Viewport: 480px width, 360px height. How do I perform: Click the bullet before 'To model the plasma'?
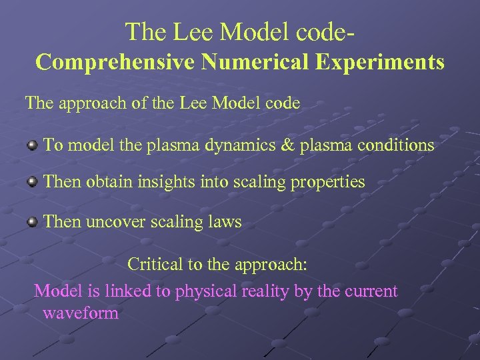point(32,145)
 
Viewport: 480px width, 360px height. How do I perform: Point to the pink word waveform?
point(80,313)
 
